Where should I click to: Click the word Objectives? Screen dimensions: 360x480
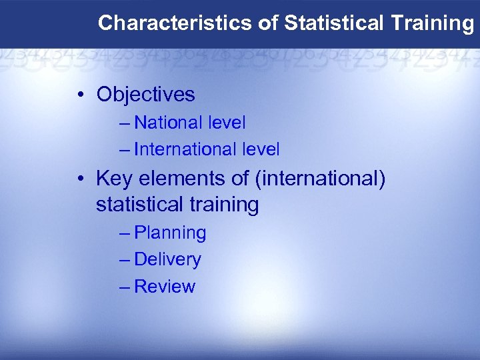(145, 95)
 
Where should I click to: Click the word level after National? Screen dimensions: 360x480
(227, 123)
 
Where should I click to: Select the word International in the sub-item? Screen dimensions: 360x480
(185, 149)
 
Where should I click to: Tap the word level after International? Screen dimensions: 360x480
(261, 149)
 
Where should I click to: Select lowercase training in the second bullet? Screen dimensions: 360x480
(224, 205)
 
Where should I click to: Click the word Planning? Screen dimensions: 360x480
(170, 233)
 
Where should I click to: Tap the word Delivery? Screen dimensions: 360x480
(167, 259)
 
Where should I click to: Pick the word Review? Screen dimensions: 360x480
(165, 287)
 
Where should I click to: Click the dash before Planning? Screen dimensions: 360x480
(125, 233)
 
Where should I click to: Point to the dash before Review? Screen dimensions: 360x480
(125, 287)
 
